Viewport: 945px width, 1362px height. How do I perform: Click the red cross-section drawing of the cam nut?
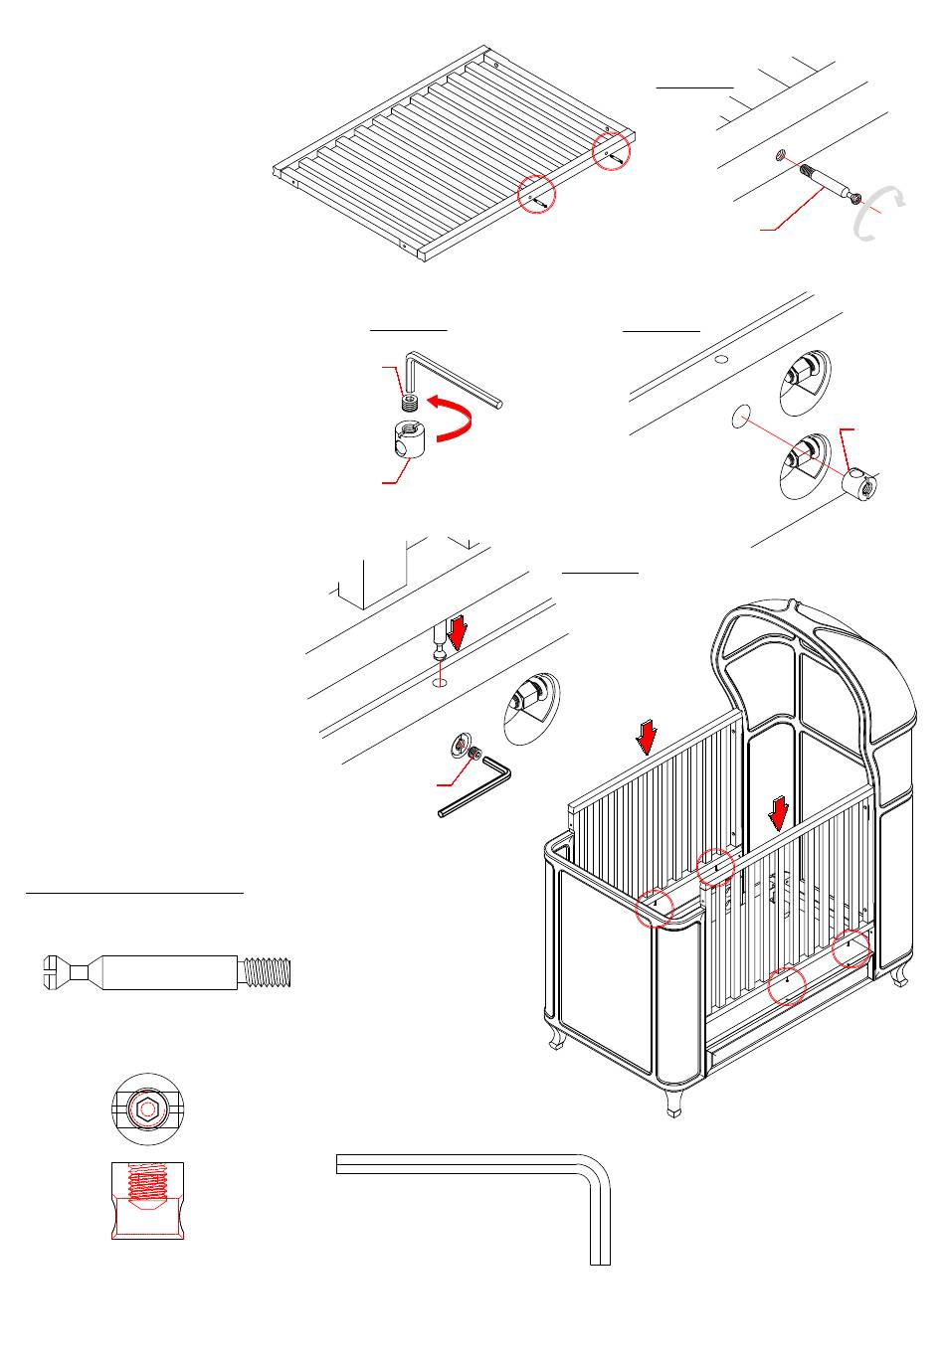[148, 1200]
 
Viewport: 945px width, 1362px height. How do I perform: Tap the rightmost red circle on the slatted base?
[612, 151]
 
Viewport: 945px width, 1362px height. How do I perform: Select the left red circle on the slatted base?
[537, 195]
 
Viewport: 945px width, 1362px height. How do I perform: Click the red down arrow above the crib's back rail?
[648, 737]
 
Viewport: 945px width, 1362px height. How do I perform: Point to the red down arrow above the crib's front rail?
[779, 814]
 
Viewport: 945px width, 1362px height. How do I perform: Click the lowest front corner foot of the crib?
[677, 1104]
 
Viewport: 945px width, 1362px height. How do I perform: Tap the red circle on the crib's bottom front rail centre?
[788, 984]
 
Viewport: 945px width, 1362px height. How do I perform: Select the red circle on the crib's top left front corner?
[655, 907]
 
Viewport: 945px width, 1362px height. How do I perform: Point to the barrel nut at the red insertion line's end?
[859, 486]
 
